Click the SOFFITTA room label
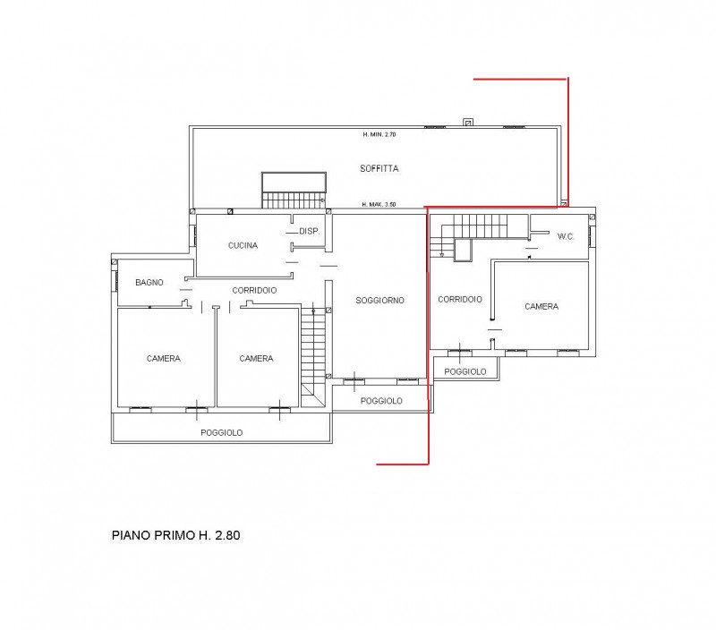(379, 169)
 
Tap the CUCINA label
(243, 245)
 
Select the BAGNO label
(149, 283)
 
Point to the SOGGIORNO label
(379, 301)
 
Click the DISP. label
(310, 232)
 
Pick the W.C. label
(566, 236)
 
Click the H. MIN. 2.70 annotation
(379, 134)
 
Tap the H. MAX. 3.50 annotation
(379, 205)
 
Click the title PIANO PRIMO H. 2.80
(175, 535)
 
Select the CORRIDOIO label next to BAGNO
(254, 290)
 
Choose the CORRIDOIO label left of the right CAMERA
(460, 300)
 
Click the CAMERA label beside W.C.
(541, 306)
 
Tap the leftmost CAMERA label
(164, 358)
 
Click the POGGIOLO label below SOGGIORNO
(381, 401)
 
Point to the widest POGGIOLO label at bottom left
(221, 432)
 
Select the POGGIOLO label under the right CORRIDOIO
(465, 371)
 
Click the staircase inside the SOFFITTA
(294, 190)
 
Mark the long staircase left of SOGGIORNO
(312, 354)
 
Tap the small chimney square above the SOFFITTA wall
(468, 123)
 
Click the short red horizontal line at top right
(520, 79)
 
